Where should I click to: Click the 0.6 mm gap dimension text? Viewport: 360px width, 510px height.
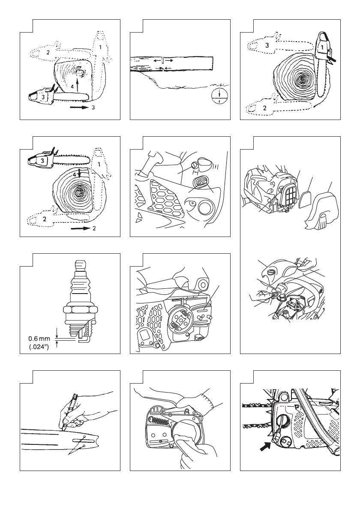click(39, 339)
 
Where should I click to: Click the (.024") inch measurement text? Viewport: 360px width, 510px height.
click(39, 347)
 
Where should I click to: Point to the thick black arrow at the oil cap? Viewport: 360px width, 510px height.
click(266, 447)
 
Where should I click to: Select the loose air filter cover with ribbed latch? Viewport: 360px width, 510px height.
click(321, 210)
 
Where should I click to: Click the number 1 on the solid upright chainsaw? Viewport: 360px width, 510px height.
click(322, 48)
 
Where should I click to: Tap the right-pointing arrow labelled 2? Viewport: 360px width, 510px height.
click(80, 228)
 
